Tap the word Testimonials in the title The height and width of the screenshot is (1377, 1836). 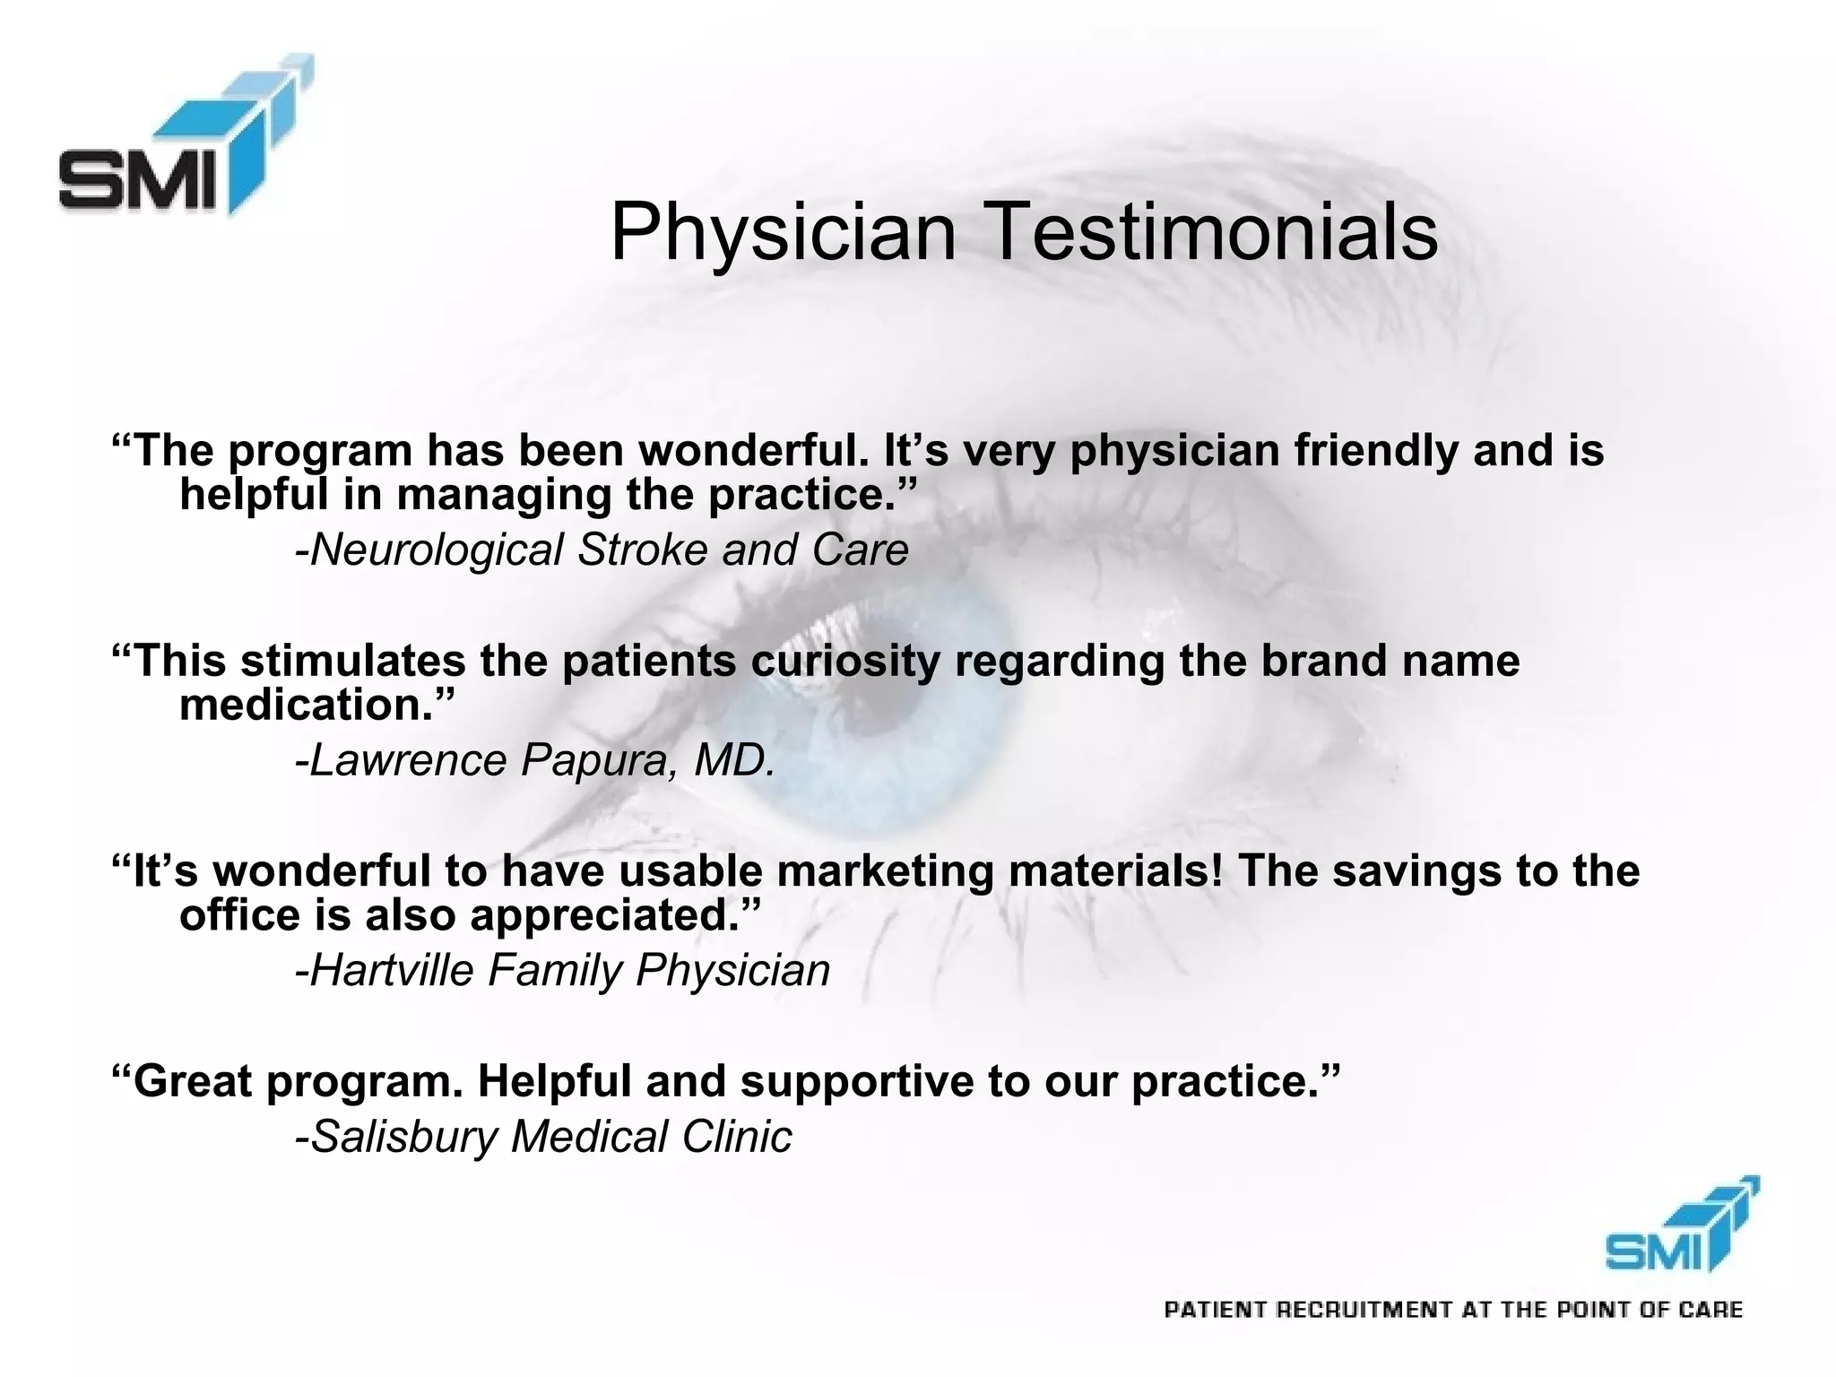[1214, 233]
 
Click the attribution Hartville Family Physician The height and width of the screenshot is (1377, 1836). [563, 971]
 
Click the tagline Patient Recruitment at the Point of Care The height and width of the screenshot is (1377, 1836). [1453, 1311]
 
